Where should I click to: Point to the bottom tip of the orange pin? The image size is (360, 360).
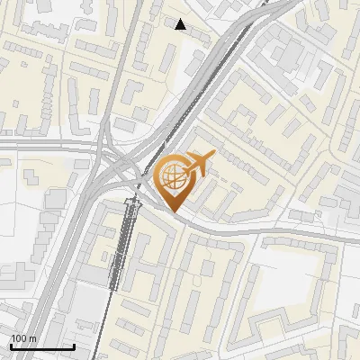[175, 212]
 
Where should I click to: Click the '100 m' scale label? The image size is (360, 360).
[23, 338]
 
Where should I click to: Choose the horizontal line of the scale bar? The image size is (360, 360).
[42, 346]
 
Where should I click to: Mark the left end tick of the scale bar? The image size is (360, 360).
[11, 345]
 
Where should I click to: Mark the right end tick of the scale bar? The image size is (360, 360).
[74, 345]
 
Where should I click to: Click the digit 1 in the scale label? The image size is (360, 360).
[13, 338]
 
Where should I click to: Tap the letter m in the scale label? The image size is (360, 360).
[32, 338]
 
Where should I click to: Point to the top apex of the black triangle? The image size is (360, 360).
[181, 19]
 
